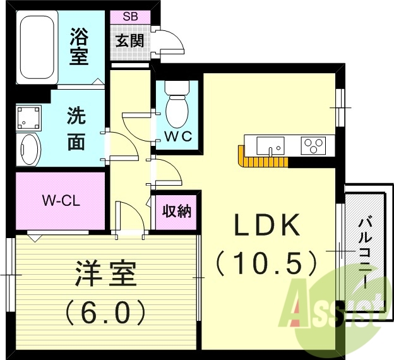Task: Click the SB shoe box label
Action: pos(131,17)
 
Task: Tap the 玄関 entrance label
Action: pos(130,41)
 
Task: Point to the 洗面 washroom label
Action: pos(76,129)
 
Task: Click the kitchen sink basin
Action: pos(272,146)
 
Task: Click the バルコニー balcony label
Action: pos(365,252)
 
